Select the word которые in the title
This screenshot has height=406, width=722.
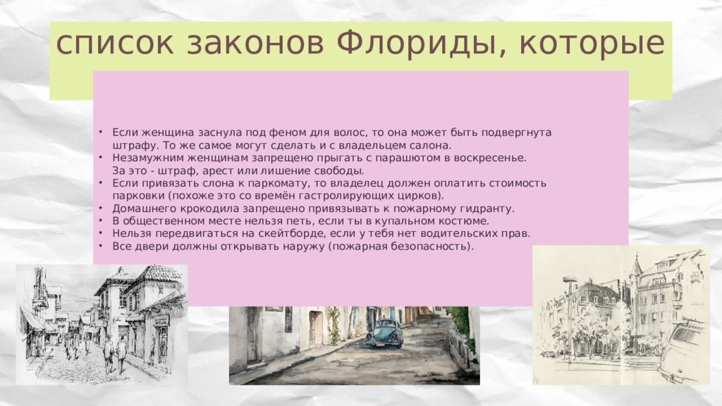tap(592, 44)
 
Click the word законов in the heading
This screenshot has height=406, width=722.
tap(256, 44)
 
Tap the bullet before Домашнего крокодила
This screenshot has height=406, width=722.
tap(100, 208)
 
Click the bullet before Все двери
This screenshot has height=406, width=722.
tap(100, 246)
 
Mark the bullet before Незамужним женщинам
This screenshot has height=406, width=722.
tap(100, 157)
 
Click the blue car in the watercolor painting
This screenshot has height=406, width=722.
tap(384, 333)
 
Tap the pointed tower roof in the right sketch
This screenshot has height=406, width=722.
tap(637, 265)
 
